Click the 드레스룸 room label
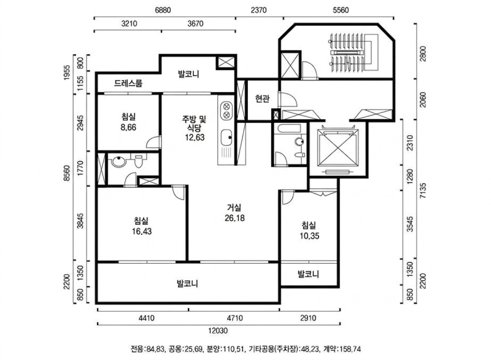pyautogui.click(x=128, y=83)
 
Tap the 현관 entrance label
pyautogui.click(x=262, y=99)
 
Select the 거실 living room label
pyautogui.click(x=234, y=208)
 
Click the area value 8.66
pyautogui.click(x=128, y=128)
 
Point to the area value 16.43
pyautogui.click(x=142, y=231)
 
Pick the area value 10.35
pyautogui.click(x=309, y=236)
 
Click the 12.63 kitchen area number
pyautogui.click(x=195, y=137)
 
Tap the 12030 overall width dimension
pyautogui.click(x=218, y=331)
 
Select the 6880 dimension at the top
pyautogui.click(x=163, y=10)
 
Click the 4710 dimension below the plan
pyautogui.click(x=234, y=318)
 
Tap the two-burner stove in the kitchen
pyautogui.click(x=226, y=111)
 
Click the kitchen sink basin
pyautogui.click(x=226, y=138)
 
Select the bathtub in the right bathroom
pyautogui.click(x=288, y=129)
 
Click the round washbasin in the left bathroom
pyautogui.click(x=118, y=162)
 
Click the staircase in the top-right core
pyautogui.click(x=350, y=52)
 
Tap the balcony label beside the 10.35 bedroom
pyautogui.click(x=309, y=274)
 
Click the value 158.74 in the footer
pyautogui.click(x=350, y=349)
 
